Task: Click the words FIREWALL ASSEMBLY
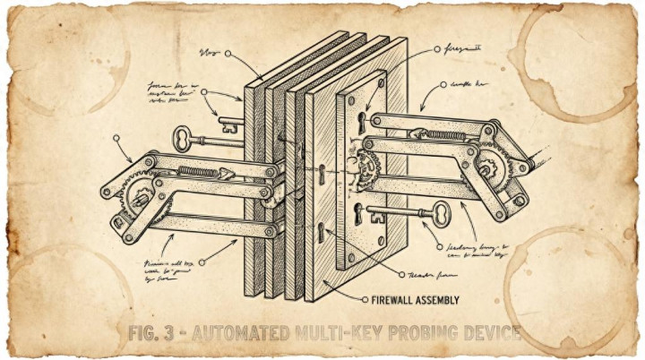pyautogui.click(x=411, y=299)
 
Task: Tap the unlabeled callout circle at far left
pyautogui.click(x=116, y=139)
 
